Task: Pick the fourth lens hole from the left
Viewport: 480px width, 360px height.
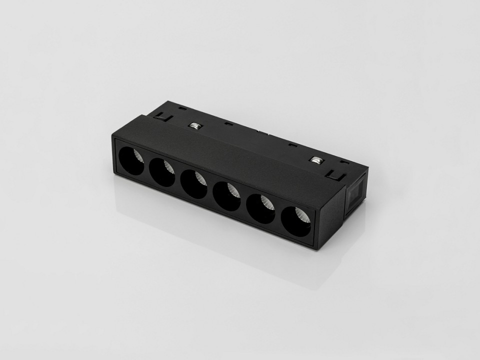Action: [227, 196]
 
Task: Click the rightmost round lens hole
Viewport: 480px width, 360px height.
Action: [296, 221]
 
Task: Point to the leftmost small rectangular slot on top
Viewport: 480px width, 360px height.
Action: [182, 108]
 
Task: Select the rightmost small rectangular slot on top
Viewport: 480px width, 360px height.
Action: [344, 162]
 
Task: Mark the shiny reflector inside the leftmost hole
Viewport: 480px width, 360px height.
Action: [139, 156]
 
